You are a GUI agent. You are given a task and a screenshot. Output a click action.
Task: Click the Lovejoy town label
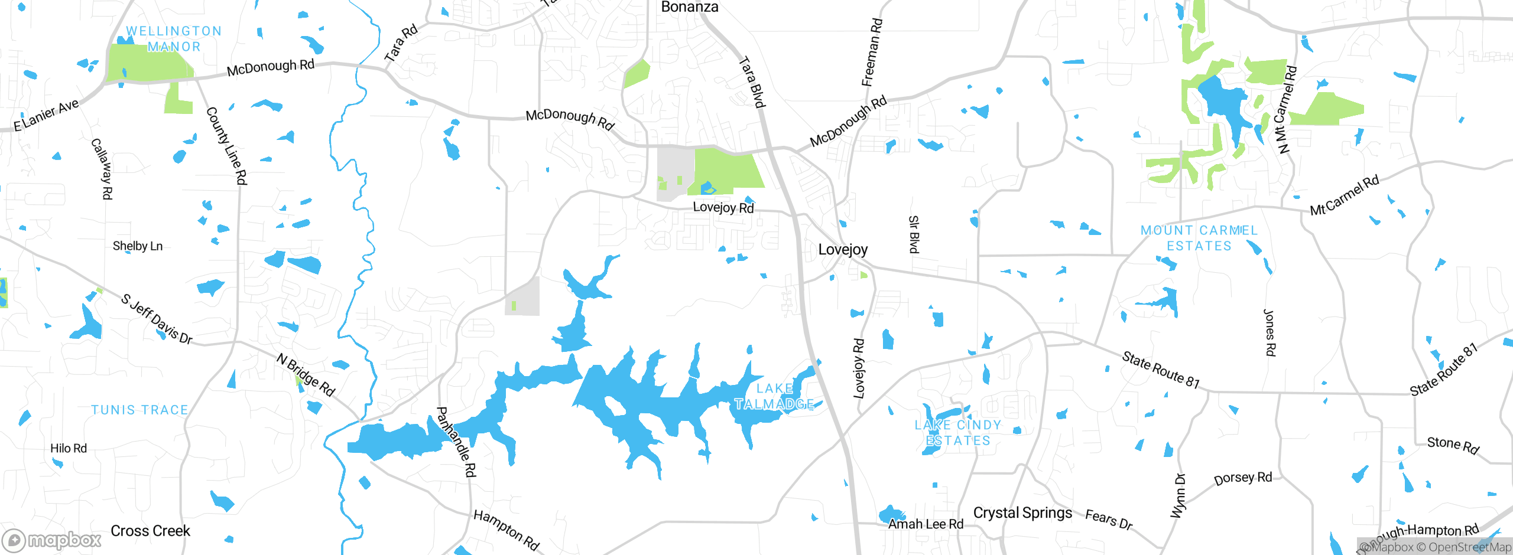pyautogui.click(x=843, y=250)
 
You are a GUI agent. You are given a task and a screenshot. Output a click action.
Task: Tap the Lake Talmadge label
pyautogui.click(x=774, y=396)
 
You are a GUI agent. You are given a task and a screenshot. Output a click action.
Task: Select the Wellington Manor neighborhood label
pyautogui.click(x=174, y=38)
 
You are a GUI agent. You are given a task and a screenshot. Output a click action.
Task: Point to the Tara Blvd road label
pyautogui.click(x=752, y=82)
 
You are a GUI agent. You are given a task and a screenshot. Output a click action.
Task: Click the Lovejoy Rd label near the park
pyautogui.click(x=723, y=207)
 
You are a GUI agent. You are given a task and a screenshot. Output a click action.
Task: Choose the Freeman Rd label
pyautogui.click(x=872, y=52)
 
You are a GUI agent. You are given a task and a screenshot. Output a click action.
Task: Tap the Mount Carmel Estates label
pyautogui.click(x=1199, y=238)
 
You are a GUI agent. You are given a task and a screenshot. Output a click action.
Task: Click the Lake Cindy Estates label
pyautogui.click(x=957, y=433)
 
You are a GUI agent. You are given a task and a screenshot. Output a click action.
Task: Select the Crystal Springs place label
pyautogui.click(x=1022, y=512)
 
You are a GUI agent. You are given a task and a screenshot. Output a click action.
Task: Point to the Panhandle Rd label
pyautogui.click(x=456, y=441)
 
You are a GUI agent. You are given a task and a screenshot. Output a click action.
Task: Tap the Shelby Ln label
pyautogui.click(x=138, y=246)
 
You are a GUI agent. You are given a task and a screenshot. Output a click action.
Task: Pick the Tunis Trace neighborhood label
pyautogui.click(x=139, y=410)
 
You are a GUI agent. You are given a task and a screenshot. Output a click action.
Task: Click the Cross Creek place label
pyautogui.click(x=150, y=531)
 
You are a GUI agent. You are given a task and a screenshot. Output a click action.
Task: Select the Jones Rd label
pyautogui.click(x=1270, y=332)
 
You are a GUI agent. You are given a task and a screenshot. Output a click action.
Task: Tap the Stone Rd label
pyautogui.click(x=1453, y=445)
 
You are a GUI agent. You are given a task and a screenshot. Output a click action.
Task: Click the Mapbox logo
pyautogui.click(x=52, y=540)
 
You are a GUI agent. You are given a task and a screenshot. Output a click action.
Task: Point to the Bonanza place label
pyautogui.click(x=690, y=7)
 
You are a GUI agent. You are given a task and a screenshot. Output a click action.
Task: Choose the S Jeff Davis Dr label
pyautogui.click(x=157, y=319)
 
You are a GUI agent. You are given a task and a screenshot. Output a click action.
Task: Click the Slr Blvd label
pyautogui.click(x=914, y=234)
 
